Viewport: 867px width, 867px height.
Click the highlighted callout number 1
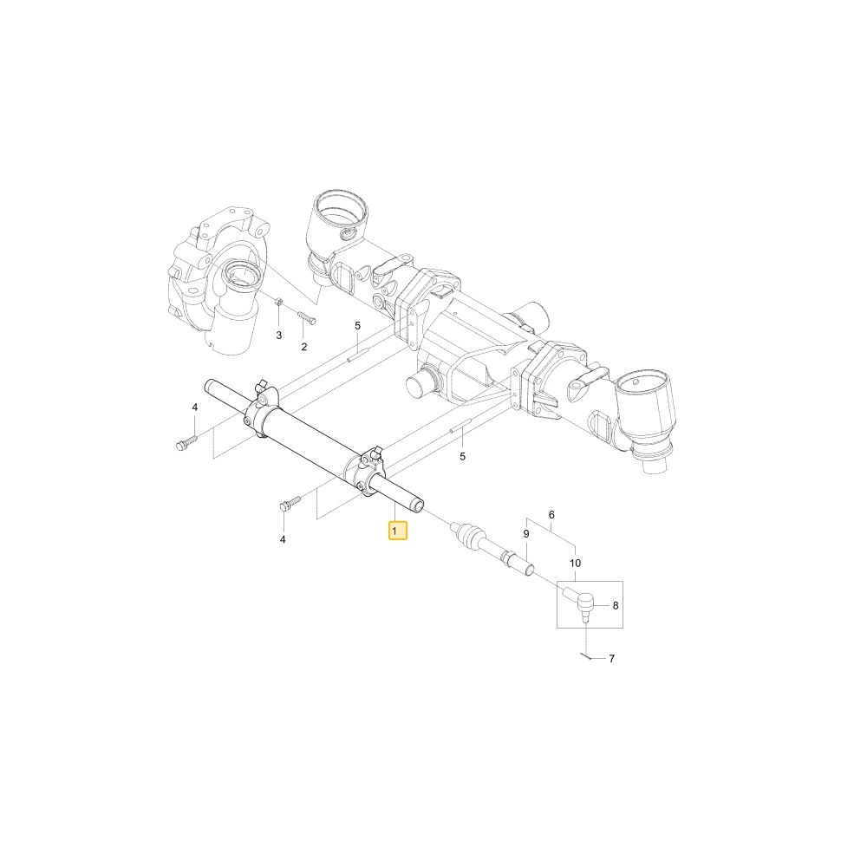coord(394,531)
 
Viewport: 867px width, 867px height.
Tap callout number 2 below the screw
coord(304,348)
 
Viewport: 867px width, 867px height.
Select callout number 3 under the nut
coord(278,336)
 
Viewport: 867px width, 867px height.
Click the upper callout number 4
coord(194,407)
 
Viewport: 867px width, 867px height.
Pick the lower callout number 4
coord(283,539)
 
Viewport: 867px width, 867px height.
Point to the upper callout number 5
coord(357,326)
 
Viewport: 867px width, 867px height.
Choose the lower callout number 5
coord(462,457)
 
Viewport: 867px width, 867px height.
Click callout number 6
coord(551,515)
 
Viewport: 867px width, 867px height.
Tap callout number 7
coord(611,659)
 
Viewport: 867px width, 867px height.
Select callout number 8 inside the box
coord(616,606)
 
